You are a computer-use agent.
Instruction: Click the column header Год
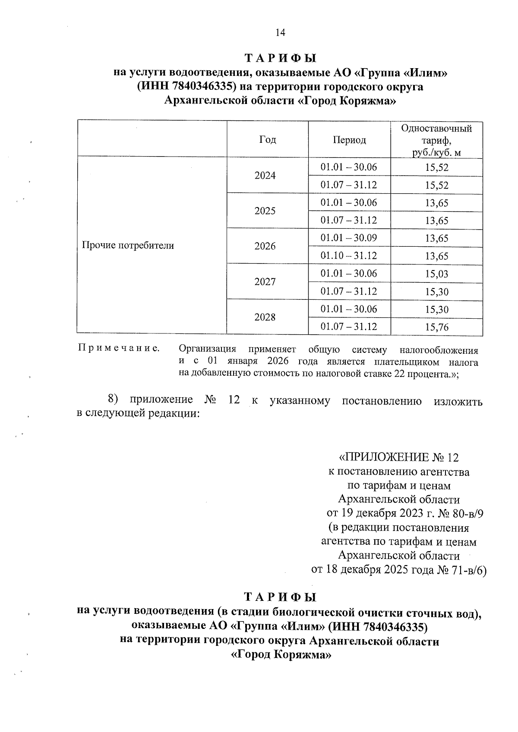coord(268,140)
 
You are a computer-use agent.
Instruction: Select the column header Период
coord(349,140)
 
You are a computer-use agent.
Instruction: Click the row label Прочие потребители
coord(128,246)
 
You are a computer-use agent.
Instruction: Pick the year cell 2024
coord(265,176)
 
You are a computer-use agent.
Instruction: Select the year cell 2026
coord(265,246)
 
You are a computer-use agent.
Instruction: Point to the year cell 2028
coord(265,317)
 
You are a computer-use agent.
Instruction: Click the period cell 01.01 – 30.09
coord(349,238)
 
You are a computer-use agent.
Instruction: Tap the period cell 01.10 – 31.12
coord(349,256)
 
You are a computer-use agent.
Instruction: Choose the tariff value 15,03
coord(436,274)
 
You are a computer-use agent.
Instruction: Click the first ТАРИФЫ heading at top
coord(280,58)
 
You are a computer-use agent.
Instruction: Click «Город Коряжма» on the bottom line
coord(281,655)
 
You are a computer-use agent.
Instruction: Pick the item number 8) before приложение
coord(113,399)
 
